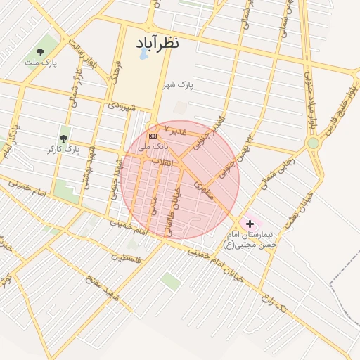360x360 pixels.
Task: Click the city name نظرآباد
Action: (158, 43)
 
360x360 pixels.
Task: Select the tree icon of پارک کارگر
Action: (63, 139)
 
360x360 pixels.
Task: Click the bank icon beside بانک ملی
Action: (153, 136)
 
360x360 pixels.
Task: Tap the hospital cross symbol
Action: (249, 223)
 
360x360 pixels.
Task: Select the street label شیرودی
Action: (120, 106)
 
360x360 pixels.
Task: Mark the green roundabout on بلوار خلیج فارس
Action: (313, 143)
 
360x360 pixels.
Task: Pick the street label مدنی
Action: (153, 205)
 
